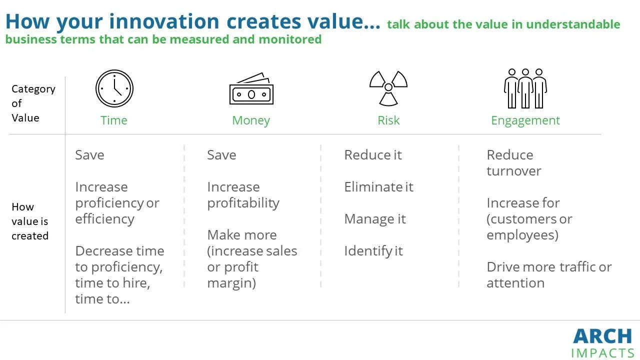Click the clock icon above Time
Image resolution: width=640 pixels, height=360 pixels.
point(114,88)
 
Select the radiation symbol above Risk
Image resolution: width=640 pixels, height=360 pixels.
point(388,88)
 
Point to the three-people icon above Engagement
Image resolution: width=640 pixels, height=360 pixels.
point(525,88)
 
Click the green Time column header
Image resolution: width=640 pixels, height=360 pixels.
point(113,120)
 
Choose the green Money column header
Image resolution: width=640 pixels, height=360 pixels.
point(251,120)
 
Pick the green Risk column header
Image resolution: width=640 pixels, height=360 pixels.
point(388,120)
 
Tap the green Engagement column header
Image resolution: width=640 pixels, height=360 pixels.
point(525,121)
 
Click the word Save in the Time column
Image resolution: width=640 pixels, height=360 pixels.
point(89,155)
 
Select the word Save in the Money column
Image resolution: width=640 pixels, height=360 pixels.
point(221,155)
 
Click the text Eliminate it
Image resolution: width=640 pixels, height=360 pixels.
point(379,187)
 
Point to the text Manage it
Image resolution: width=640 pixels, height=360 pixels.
point(375,219)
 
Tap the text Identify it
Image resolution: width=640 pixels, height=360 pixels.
point(373,251)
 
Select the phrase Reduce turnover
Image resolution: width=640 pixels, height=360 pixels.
point(514,163)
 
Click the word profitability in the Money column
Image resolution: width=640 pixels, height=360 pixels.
point(243,203)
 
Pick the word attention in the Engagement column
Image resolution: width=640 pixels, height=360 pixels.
point(515,283)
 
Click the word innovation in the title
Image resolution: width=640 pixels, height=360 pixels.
point(164,21)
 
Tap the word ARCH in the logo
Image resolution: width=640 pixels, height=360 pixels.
point(602,336)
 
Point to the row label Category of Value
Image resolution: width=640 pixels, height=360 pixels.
point(33,103)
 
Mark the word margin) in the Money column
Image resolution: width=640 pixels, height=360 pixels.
point(231,283)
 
